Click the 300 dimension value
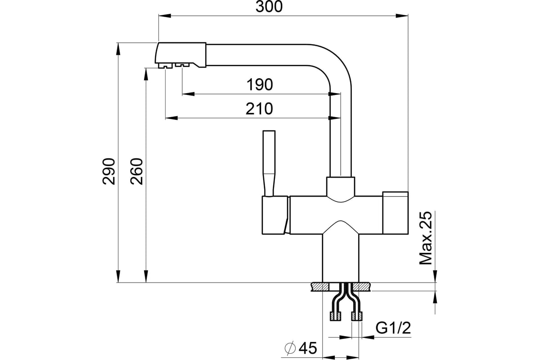[269, 7]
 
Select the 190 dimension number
[260, 85]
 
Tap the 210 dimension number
[259, 109]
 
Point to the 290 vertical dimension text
[109, 171]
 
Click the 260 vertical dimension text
[137, 171]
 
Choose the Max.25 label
[426, 238]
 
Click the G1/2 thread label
[393, 328]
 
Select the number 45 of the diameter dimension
[308, 348]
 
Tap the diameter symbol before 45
[290, 348]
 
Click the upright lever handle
[269, 163]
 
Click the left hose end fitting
[335, 316]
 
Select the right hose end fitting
[357, 316]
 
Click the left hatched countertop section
[320, 287]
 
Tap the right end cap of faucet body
[396, 213]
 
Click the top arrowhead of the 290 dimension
[118, 49]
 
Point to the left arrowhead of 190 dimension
[188, 94]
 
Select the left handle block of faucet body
[275, 215]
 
